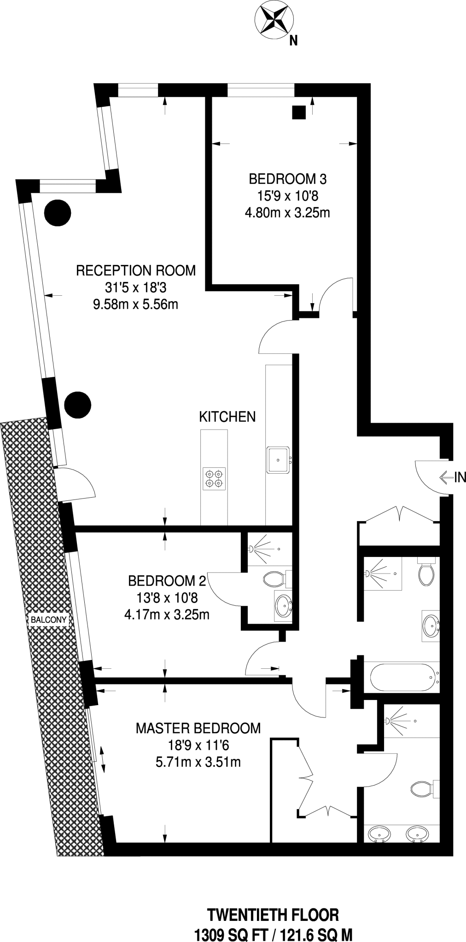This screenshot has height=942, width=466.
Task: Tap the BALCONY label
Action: click(x=49, y=620)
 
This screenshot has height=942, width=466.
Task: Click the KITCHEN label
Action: click(x=227, y=417)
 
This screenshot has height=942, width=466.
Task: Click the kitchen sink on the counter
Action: click(x=278, y=460)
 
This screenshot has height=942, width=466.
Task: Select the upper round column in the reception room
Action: click(x=58, y=213)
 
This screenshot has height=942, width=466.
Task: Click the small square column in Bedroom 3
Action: click(x=299, y=112)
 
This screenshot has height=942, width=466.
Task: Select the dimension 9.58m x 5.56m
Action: click(x=135, y=304)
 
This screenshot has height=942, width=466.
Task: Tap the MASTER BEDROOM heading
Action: click(x=198, y=728)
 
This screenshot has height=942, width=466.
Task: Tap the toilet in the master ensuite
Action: click(x=421, y=789)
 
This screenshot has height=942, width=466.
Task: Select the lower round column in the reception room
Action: click(x=77, y=404)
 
